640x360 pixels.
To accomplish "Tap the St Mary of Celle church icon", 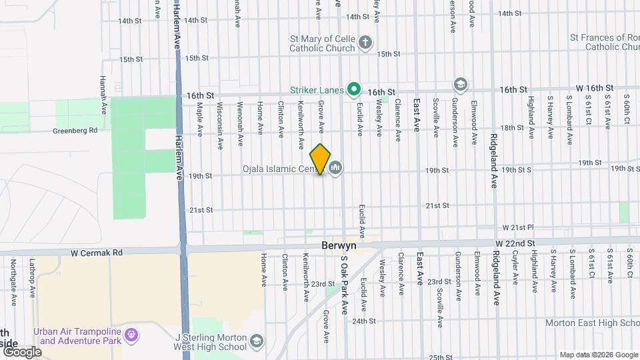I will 365,43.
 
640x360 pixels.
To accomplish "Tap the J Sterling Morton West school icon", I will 256,343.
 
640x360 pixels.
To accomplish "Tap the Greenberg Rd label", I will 75,131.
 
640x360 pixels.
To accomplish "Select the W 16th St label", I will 595,88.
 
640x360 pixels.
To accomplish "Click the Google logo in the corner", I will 21,351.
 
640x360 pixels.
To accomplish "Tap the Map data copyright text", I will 597,355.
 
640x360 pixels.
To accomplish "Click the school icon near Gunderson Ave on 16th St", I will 459,84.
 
